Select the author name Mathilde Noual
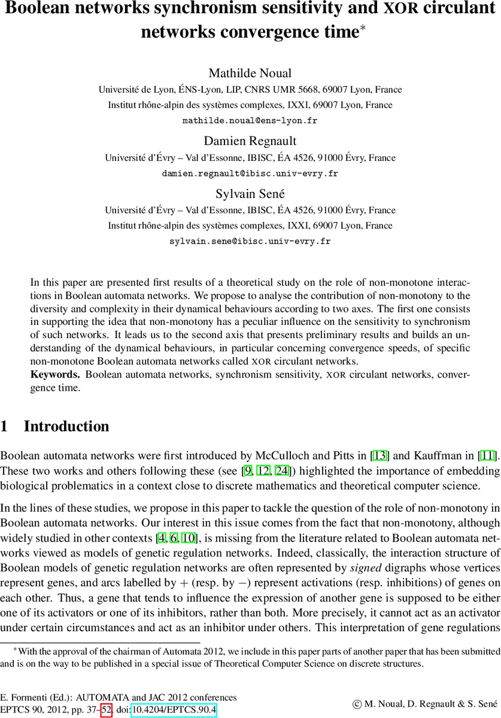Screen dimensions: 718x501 click(x=250, y=74)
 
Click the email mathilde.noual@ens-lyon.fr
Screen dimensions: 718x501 click(x=250, y=120)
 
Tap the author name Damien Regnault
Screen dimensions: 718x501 click(x=250, y=141)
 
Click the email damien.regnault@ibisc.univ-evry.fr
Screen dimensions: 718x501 click(x=250, y=174)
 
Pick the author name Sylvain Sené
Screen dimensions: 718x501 click(x=250, y=194)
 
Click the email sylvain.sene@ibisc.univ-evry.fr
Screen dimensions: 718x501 click(x=250, y=242)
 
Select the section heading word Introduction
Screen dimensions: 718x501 click(x=66, y=427)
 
